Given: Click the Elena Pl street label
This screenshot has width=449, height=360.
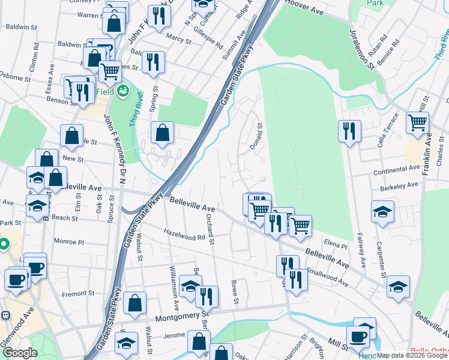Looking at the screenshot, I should [x=336, y=245].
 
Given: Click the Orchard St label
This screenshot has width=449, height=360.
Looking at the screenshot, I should [x=211, y=229].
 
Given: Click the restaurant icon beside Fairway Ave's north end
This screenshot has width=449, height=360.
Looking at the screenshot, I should [x=349, y=130].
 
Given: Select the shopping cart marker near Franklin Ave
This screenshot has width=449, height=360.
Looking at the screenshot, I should [x=417, y=123].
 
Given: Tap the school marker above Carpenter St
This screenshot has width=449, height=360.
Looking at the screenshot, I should [x=382, y=212].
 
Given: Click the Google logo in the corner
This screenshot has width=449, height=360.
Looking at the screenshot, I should [x=20, y=353].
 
